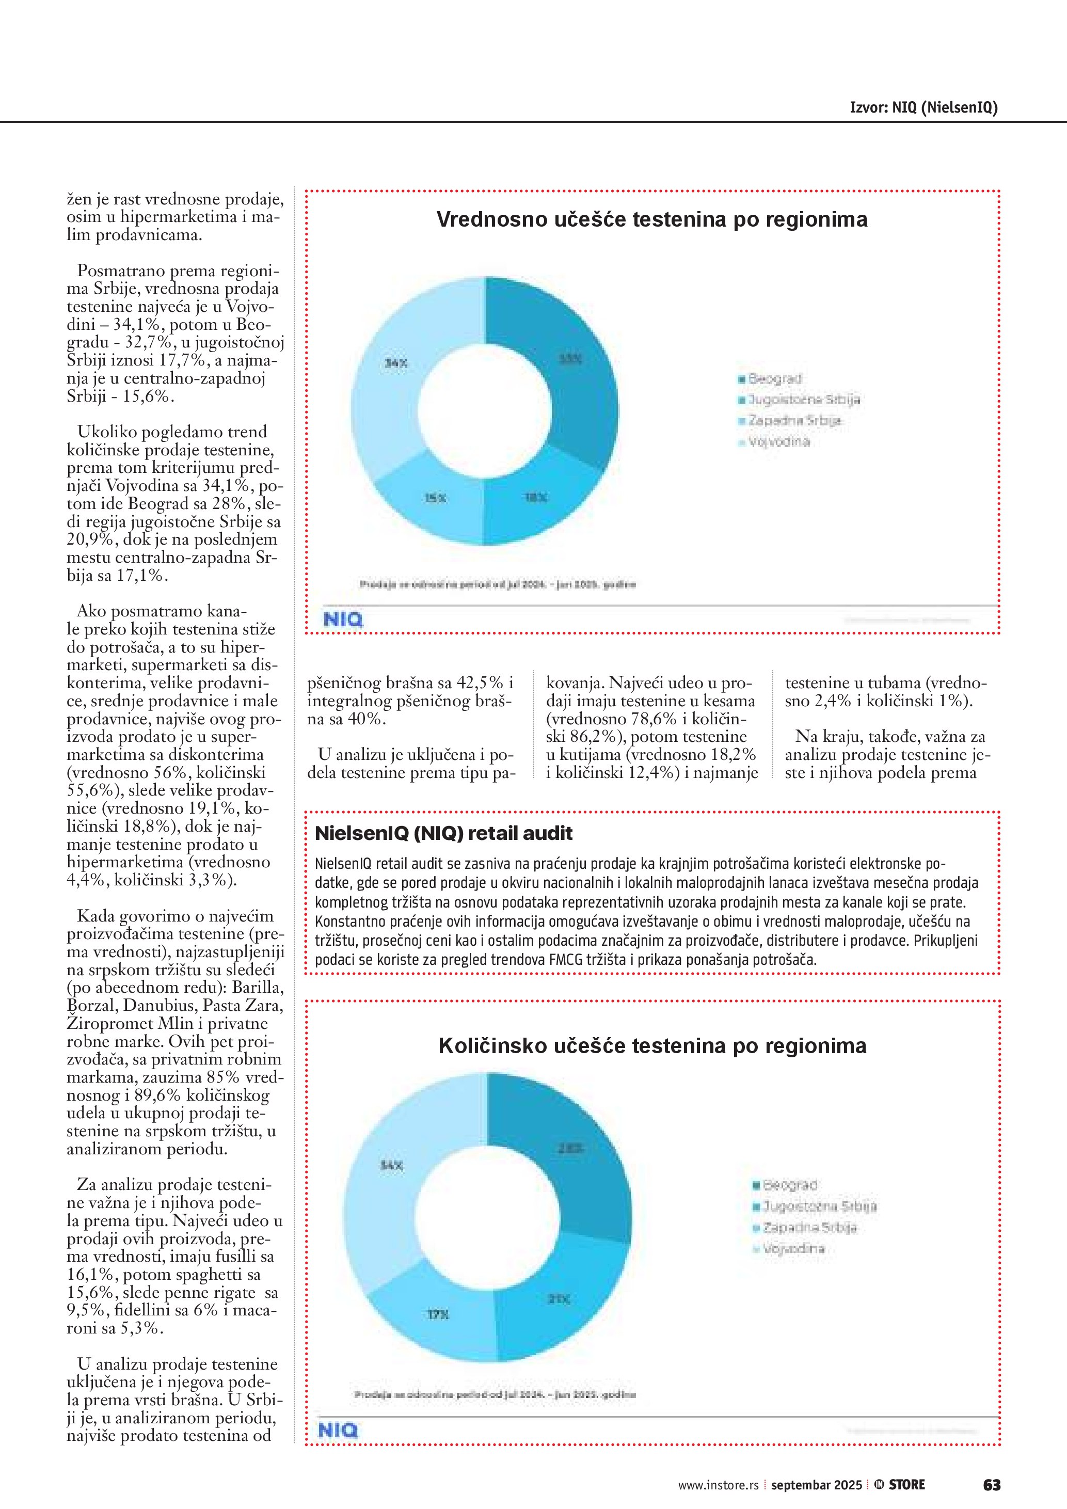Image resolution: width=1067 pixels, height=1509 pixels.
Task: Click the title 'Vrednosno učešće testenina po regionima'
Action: pyautogui.click(x=652, y=219)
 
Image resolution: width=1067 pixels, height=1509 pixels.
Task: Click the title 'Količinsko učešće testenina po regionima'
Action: pyautogui.click(x=652, y=1045)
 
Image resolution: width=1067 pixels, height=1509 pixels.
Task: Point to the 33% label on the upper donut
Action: pyautogui.click(x=570, y=359)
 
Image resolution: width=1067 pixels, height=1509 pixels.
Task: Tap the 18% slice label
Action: pyautogui.click(x=535, y=498)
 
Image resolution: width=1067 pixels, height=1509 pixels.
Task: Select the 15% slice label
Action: pyautogui.click(x=435, y=498)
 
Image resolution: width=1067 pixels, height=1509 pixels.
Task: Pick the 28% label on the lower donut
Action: pyautogui.click(x=570, y=1148)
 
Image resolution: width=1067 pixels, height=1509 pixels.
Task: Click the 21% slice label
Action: pyautogui.click(x=559, y=1299)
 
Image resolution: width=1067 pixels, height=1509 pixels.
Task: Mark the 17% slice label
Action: pyautogui.click(x=438, y=1314)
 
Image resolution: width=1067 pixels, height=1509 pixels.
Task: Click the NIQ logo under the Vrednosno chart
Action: pyautogui.click(x=343, y=619)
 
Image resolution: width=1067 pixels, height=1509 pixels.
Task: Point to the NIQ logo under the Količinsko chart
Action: pyautogui.click(x=338, y=1430)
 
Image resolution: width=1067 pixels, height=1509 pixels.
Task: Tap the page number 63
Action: pyautogui.click(x=992, y=1485)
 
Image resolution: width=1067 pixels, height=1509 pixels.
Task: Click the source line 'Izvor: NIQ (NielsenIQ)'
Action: pyautogui.click(x=923, y=108)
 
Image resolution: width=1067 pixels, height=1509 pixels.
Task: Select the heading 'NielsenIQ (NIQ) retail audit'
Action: pyautogui.click(x=443, y=833)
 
